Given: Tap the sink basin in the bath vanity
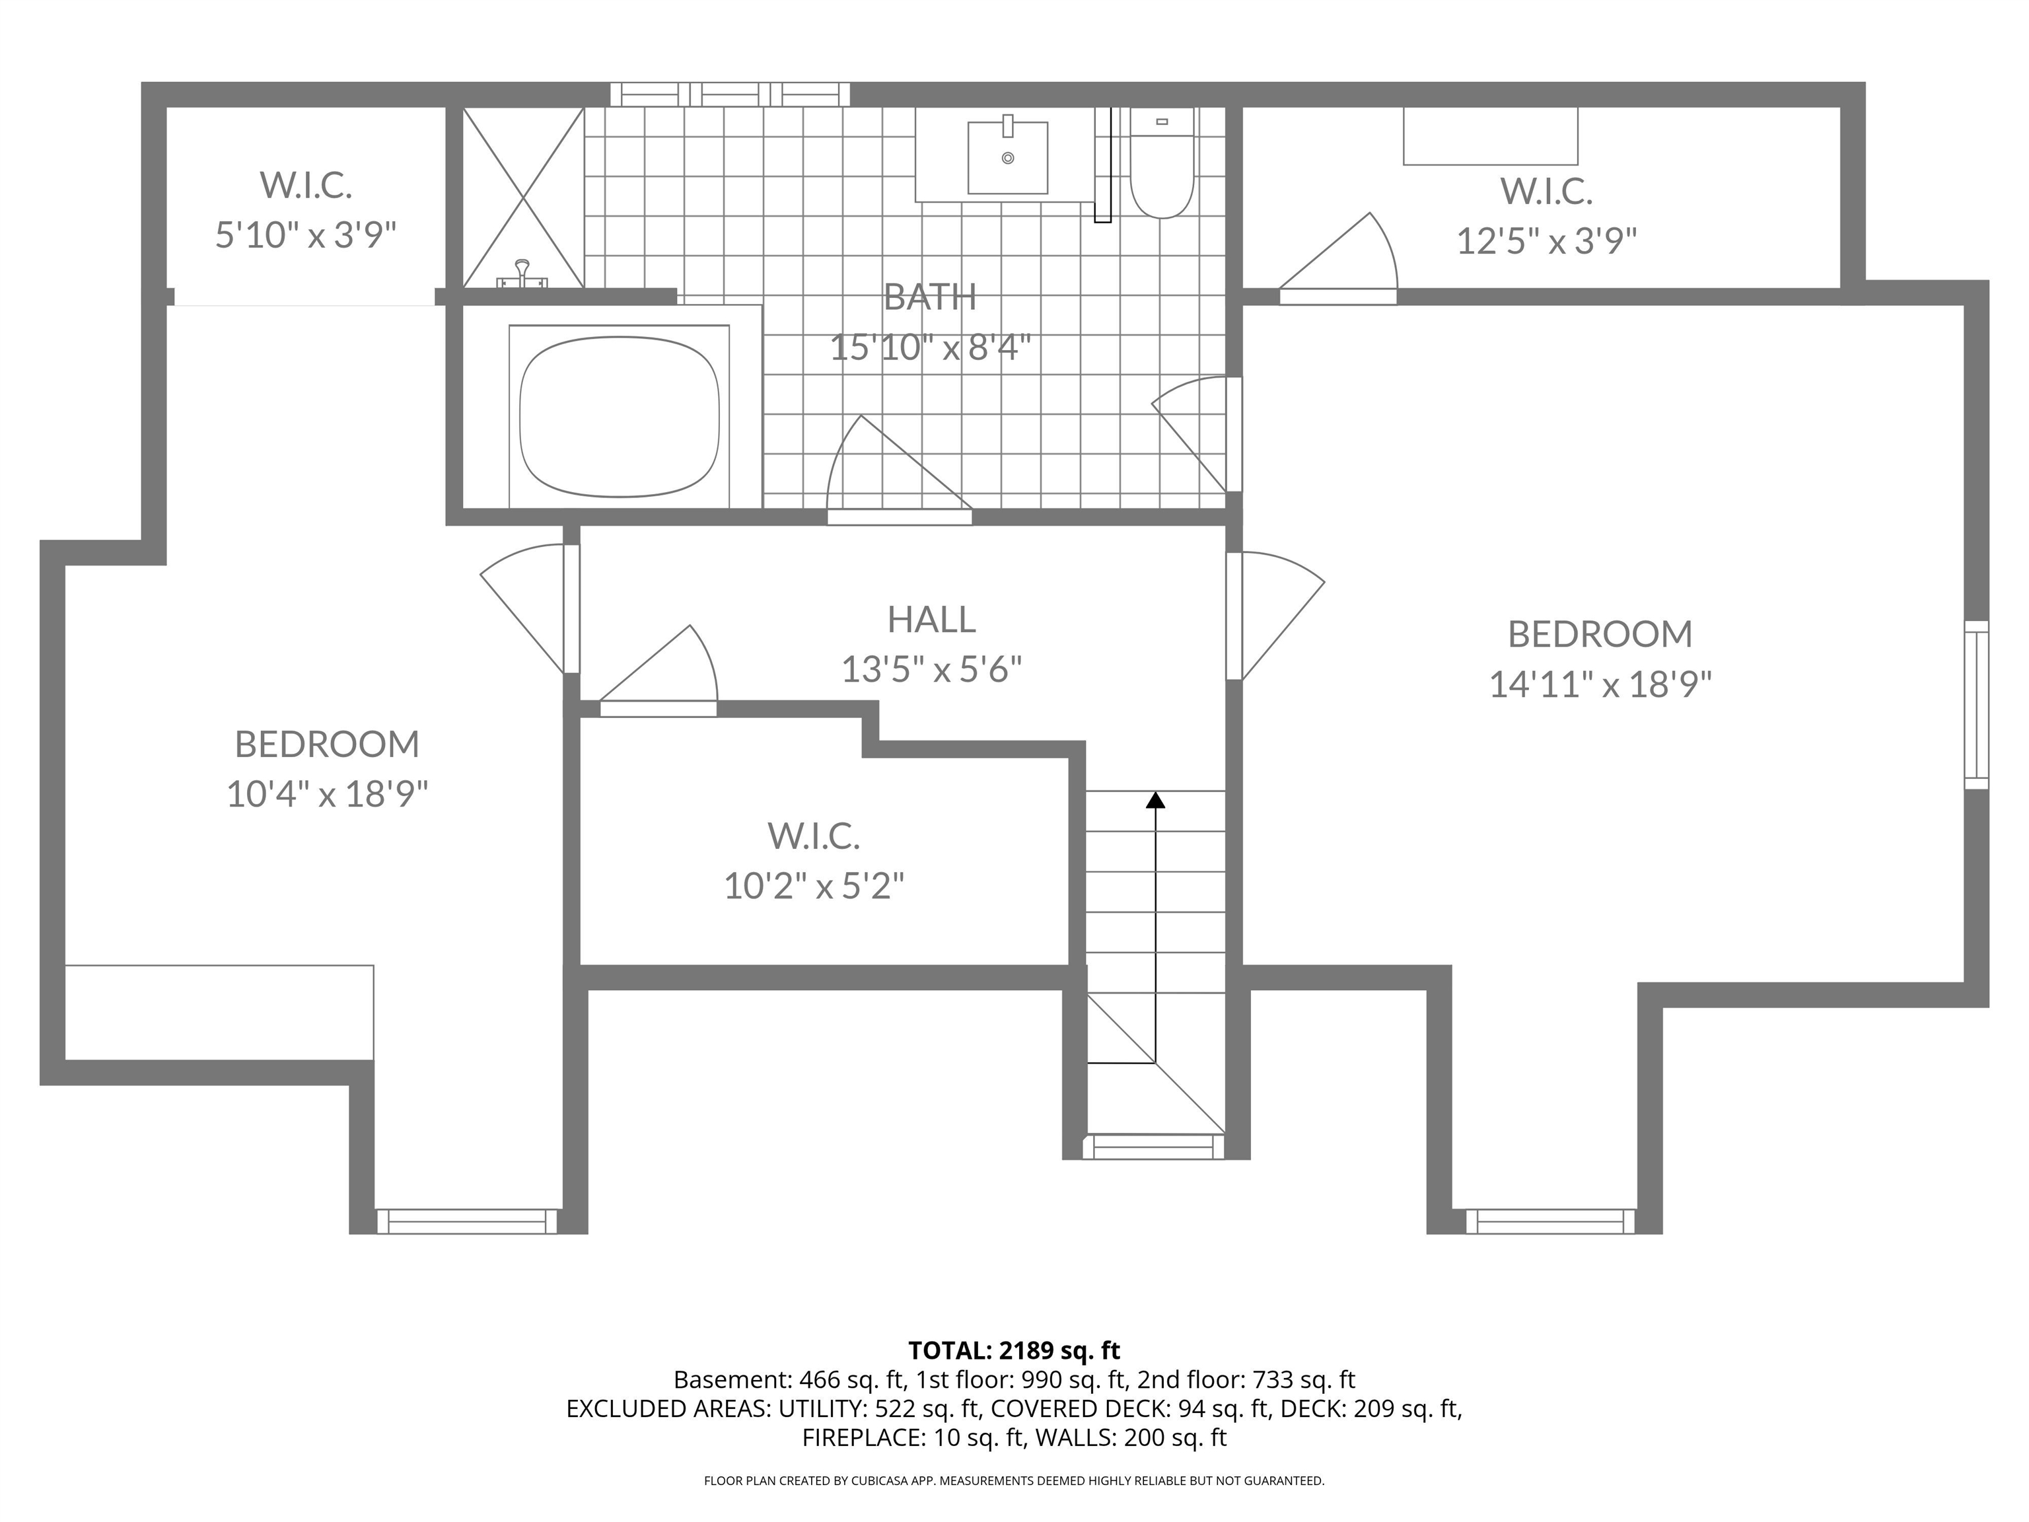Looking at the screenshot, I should coord(1007,158).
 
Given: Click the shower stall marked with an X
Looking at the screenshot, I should coord(523,198).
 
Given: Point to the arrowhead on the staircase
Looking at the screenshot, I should coord(1156,800).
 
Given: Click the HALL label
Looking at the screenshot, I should coord(931,619).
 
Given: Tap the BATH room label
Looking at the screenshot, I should coord(929,297).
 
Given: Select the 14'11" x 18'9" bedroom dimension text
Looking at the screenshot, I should coord(1600,684).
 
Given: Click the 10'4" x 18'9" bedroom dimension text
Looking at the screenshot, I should coord(328,793).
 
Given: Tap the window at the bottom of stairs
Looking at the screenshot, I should coord(1154,1147).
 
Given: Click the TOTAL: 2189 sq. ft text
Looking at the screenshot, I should coord(1014,1350).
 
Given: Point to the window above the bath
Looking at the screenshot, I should coord(730,94).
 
